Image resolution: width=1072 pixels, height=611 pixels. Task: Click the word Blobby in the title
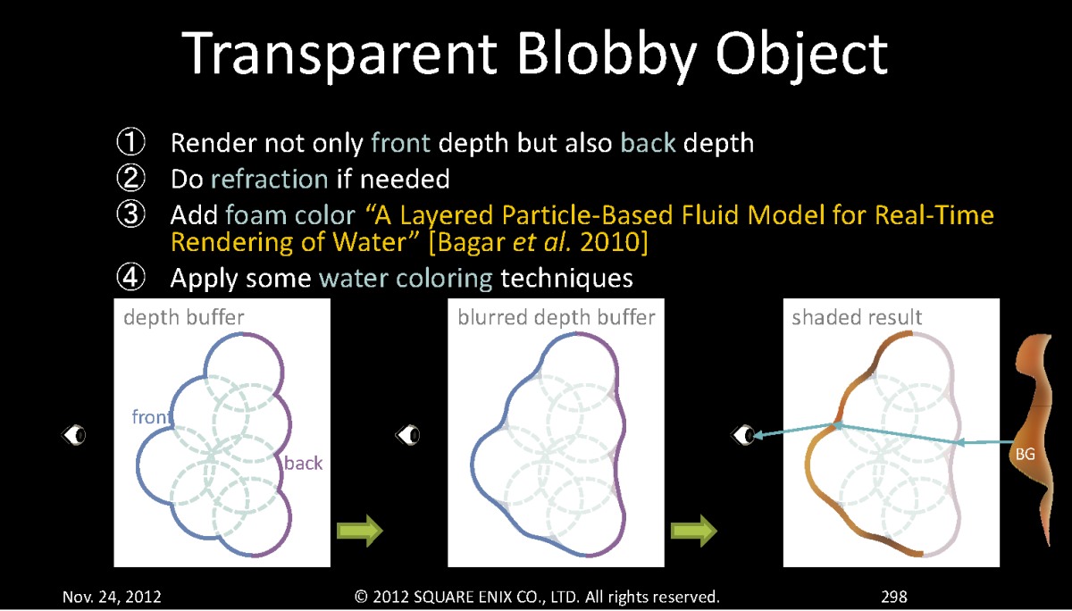coord(607,54)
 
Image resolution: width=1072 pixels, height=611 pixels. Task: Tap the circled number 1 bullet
coord(130,142)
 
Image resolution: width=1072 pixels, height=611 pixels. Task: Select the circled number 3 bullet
coord(130,213)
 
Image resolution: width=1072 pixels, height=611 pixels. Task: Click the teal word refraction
coord(270,179)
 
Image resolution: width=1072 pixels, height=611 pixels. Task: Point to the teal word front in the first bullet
coord(400,143)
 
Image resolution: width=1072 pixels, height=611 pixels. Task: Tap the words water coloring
coord(406,279)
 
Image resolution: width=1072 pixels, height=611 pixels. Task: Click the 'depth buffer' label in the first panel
coord(184,318)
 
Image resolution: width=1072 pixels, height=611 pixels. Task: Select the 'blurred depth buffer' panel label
coord(556,318)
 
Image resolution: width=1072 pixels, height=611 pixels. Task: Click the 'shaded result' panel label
coord(857,317)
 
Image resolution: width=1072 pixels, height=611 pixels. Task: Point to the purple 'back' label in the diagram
coord(304,463)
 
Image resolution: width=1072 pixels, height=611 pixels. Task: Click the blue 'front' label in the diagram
coord(151,417)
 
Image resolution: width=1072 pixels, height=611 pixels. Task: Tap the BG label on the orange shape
coord(1026,454)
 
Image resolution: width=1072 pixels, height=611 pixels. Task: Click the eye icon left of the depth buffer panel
coord(73,435)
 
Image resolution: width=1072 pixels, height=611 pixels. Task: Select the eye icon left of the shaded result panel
coord(743,435)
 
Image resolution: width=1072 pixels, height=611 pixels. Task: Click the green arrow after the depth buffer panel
coord(360,531)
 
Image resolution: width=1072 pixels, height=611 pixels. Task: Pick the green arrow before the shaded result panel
coord(694,531)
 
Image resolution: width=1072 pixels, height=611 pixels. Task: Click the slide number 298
coord(894,597)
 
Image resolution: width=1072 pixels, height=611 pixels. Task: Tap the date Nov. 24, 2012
coord(112,597)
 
